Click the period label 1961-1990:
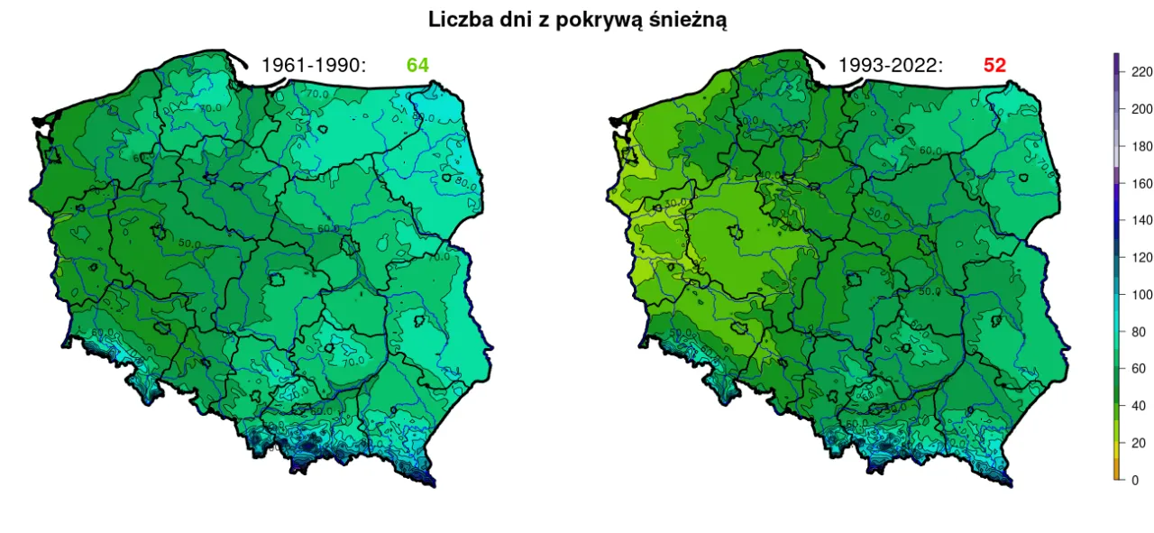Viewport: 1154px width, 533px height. (x=313, y=66)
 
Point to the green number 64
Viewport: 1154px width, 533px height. (x=417, y=66)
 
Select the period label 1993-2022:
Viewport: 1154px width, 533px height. (x=891, y=66)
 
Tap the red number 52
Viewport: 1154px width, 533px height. (x=994, y=66)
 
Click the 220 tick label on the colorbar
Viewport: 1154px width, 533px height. (x=1141, y=71)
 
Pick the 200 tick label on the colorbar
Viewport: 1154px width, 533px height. (x=1141, y=109)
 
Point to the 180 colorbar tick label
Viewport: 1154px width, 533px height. (x=1141, y=146)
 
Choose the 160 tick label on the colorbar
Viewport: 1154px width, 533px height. (x=1141, y=183)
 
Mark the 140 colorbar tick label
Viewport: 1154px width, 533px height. (x=1141, y=220)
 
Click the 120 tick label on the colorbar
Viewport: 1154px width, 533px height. (x=1141, y=257)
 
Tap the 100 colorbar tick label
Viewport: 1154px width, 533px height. (x=1141, y=294)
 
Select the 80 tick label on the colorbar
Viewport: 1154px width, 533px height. (x=1139, y=332)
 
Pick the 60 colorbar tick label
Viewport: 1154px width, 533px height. (x=1139, y=369)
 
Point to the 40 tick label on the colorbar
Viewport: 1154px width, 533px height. (x=1139, y=406)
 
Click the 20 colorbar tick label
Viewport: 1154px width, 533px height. (x=1139, y=443)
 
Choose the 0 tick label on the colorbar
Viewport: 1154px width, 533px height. (x=1135, y=480)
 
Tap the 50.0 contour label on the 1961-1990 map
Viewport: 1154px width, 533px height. (x=188, y=243)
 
